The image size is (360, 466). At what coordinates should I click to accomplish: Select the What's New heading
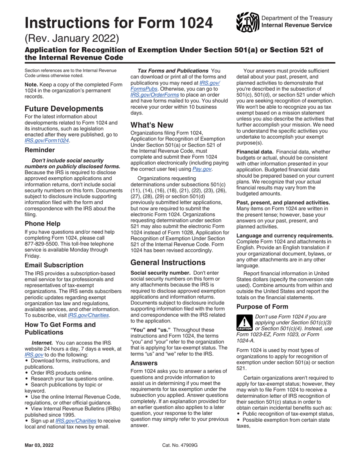(152, 125)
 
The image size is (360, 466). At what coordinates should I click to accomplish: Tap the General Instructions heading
(168, 262)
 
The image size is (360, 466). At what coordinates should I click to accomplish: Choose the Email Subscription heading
(54, 265)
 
